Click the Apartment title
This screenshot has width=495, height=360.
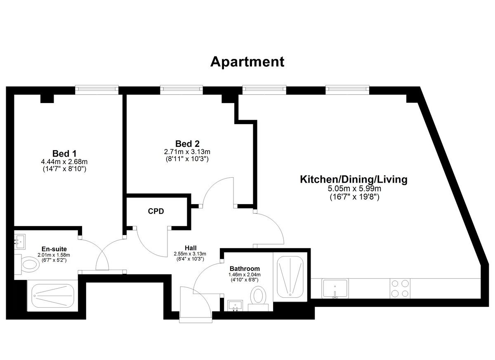247,62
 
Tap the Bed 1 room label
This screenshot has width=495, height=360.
64,153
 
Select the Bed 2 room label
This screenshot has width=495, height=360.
187,144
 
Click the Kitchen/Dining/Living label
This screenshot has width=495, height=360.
354,179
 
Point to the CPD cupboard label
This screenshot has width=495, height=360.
156,212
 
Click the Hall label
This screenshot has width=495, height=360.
191,248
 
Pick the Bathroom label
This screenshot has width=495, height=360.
245,269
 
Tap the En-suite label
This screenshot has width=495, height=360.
54,249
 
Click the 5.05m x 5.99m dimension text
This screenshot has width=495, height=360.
354,188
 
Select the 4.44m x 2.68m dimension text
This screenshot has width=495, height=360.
64,162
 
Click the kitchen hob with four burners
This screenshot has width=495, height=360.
400,288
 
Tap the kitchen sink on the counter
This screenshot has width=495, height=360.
335,288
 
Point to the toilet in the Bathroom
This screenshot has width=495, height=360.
258,299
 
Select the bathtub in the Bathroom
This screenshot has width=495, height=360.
290,277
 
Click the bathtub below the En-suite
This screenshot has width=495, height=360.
52,296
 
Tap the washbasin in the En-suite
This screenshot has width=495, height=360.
20,242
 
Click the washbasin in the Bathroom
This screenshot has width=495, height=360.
235,306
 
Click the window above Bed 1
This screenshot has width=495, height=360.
97,89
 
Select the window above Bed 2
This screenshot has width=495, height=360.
181,89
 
